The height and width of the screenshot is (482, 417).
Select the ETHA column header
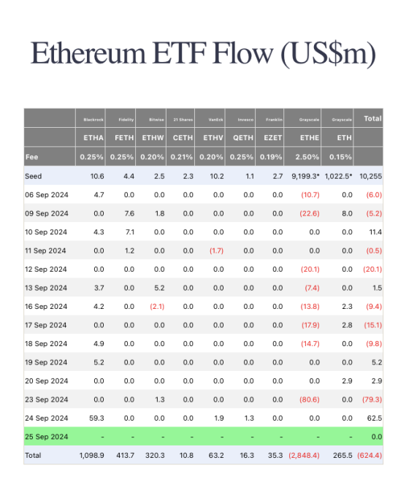[x=94, y=137]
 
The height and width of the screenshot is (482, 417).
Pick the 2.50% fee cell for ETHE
[x=305, y=157]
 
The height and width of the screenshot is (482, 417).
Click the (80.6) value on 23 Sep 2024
[x=306, y=399]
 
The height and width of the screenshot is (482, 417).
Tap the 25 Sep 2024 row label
[x=46, y=437]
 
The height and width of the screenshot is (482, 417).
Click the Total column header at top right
[x=372, y=118]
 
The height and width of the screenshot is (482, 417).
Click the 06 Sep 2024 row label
[x=46, y=194]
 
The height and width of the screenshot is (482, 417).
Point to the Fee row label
[x=32, y=157]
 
